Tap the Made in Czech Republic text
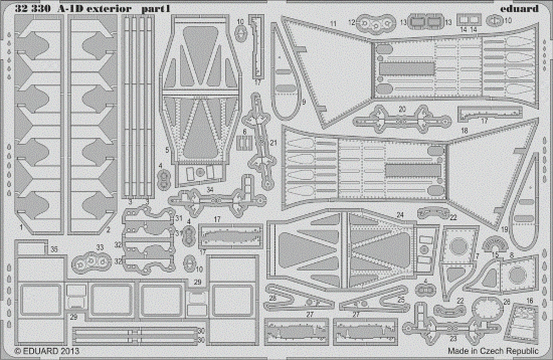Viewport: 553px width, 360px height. (493, 350)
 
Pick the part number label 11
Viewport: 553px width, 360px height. (332, 22)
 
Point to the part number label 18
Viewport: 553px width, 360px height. (464, 130)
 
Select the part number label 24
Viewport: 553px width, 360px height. (400, 214)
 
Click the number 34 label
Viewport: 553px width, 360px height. (210, 189)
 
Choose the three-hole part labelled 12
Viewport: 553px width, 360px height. (375, 24)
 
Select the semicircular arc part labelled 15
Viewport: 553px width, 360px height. (494, 244)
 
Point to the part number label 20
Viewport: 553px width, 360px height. (402, 109)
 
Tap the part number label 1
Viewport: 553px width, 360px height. (21, 227)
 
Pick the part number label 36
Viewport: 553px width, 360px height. (54, 249)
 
